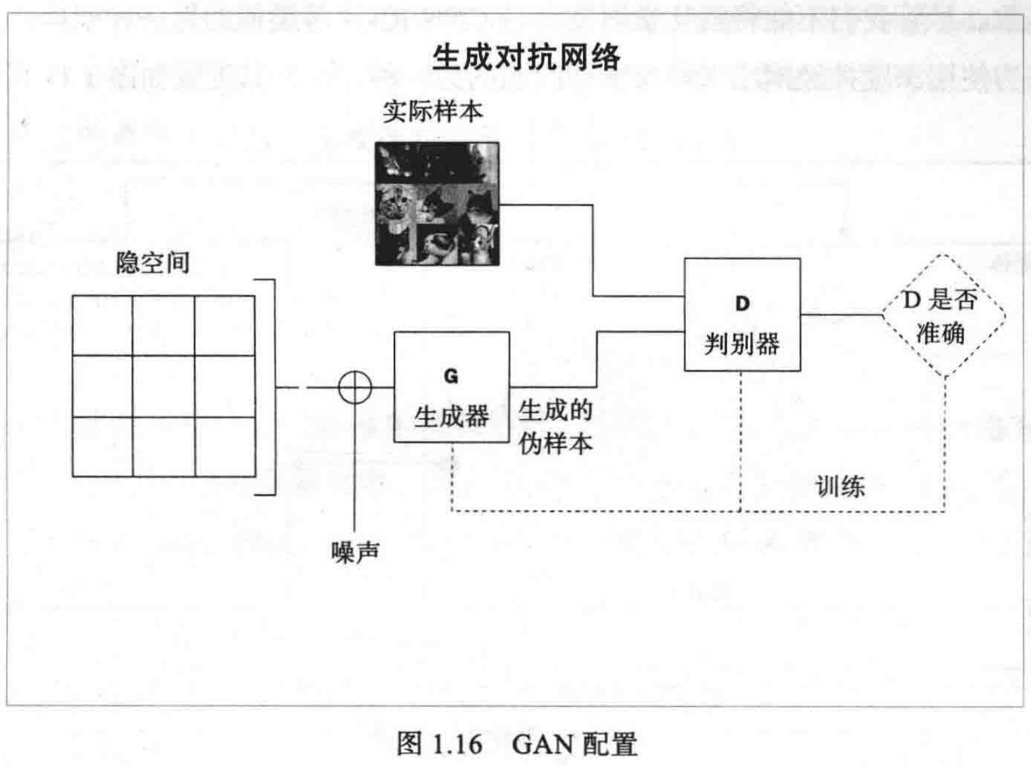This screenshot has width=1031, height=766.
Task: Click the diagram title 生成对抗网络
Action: point(527,57)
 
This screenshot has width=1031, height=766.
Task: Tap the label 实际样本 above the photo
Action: point(433,111)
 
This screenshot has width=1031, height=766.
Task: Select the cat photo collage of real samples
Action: point(437,203)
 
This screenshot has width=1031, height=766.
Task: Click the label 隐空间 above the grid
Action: point(153,263)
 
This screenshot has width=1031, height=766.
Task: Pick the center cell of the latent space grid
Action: point(164,386)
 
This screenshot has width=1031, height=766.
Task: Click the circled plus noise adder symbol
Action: point(355,387)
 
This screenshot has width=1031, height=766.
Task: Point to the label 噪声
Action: point(356,552)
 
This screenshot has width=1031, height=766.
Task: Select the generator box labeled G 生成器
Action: point(451,387)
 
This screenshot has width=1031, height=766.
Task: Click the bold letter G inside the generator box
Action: point(451,376)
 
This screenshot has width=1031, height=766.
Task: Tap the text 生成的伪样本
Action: point(555,427)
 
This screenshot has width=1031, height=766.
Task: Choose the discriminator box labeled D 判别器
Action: point(742,315)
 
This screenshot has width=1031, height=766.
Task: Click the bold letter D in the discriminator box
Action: point(742,304)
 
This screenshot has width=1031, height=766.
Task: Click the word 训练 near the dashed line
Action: point(840,486)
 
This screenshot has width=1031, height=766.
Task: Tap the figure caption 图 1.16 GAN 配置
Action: point(517,744)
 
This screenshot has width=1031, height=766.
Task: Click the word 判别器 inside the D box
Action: point(742,344)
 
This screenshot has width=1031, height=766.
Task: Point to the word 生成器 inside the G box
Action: point(451,417)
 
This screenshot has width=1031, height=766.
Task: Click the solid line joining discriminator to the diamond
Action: point(841,314)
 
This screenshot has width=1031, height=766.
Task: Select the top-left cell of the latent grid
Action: point(103,326)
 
